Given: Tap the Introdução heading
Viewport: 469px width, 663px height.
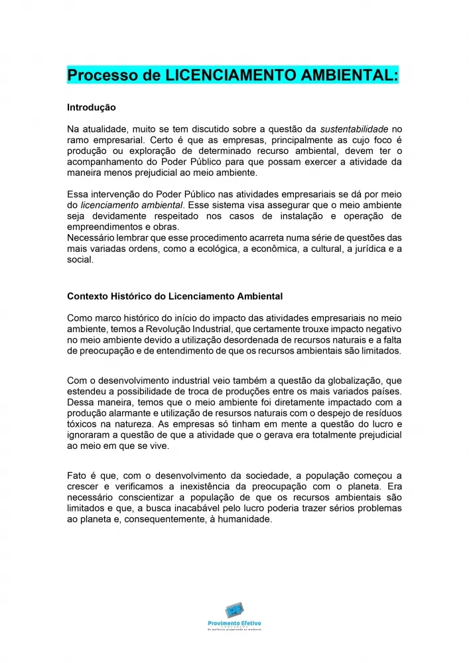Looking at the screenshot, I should point(92,107).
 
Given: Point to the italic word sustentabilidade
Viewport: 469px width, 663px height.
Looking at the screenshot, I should point(355,129).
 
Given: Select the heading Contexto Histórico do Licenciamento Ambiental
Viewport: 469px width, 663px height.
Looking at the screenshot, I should point(175,296).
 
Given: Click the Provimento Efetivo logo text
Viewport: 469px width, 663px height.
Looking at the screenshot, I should point(234,623).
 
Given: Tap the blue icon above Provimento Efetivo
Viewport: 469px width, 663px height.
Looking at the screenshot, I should point(234,609).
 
